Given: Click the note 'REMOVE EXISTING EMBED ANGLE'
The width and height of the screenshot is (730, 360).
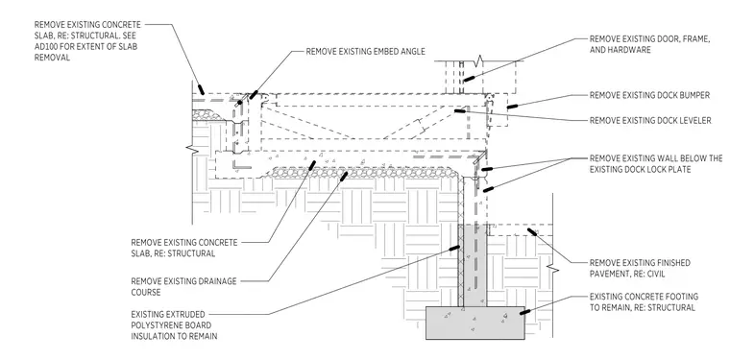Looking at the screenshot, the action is tap(365, 52).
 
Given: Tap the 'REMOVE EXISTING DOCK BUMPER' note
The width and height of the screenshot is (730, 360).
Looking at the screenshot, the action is tap(649, 95).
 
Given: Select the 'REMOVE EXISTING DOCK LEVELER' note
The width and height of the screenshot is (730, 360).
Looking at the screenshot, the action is tap(650, 120).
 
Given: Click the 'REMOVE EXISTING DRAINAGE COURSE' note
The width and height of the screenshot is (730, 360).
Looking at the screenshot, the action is tap(183, 286).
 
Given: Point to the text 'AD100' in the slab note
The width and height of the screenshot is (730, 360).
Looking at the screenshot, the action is tap(46, 46).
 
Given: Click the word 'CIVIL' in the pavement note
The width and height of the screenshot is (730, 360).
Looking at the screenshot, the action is tap(653, 274).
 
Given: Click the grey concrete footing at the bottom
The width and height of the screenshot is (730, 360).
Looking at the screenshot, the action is tap(475, 323).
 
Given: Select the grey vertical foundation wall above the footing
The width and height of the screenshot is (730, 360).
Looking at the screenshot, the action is tap(474, 265).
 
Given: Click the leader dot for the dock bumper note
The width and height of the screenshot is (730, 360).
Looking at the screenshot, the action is tap(512, 107).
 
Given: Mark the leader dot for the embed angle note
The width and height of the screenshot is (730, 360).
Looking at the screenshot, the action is tap(254, 95).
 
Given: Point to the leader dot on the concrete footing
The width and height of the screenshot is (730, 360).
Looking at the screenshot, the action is tap(524, 312).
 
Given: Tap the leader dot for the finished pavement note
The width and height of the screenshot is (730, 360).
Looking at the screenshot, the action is tap(532, 231).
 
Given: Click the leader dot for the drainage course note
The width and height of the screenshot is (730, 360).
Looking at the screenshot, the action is tap(344, 177).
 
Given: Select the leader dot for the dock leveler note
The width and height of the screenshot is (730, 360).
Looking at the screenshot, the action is tap(459, 110).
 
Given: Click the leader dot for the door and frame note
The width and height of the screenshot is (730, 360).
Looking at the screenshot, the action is tap(469, 78).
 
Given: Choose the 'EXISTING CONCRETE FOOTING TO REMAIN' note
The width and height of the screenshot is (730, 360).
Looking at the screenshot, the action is tap(644, 301).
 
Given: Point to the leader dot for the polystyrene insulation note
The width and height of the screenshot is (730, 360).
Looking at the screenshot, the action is tap(454, 248).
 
